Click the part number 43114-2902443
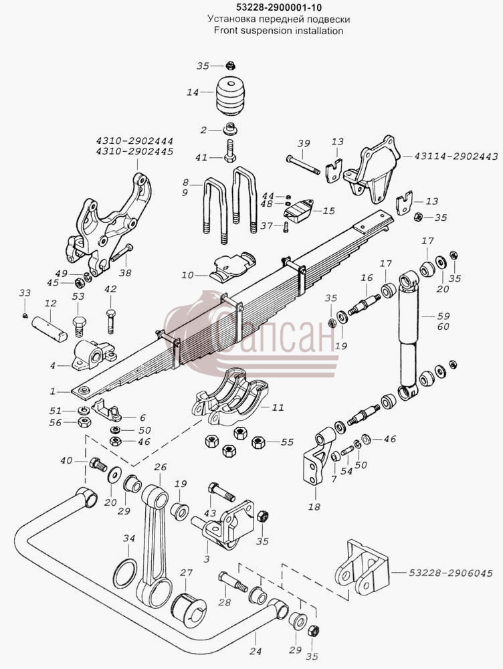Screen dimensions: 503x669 click(x=456, y=157)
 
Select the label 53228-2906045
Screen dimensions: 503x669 click(x=451, y=573)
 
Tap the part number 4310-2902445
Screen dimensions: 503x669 click(x=134, y=151)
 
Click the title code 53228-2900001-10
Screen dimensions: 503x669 click(x=279, y=7)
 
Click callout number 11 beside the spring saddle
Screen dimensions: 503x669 click(x=278, y=407)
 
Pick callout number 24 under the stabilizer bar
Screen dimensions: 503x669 click(x=256, y=651)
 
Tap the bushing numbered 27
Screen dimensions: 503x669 click(x=189, y=609)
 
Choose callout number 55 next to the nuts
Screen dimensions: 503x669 click(x=287, y=442)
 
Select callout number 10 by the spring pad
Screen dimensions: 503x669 click(x=187, y=275)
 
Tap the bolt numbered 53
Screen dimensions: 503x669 click(x=80, y=327)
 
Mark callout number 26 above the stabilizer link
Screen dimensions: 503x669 click(x=161, y=467)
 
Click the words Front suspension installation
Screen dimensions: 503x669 click(x=279, y=30)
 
